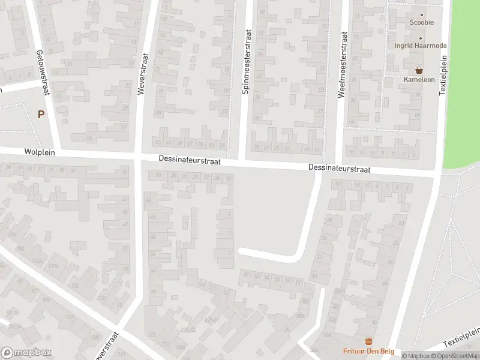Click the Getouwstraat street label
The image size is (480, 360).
click(x=43, y=73)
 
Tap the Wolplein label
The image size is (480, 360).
click(x=40, y=153)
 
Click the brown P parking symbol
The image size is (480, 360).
click(x=41, y=114)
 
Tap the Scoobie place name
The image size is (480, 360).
click(x=421, y=23)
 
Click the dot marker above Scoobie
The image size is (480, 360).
click(x=421, y=15)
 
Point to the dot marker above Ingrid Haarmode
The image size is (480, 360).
click(x=420, y=38)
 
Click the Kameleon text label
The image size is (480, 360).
click(x=419, y=79)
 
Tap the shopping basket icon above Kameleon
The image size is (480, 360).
click(x=419, y=70)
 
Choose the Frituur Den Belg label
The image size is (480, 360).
click(x=368, y=351)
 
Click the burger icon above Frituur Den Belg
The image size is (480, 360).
click(x=368, y=341)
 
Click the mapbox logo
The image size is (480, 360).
click(x=26, y=352)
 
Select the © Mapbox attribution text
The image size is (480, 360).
click(x=416, y=356)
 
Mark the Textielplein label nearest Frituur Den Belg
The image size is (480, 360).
click(x=463, y=337)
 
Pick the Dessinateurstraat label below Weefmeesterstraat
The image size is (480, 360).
click(x=340, y=169)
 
